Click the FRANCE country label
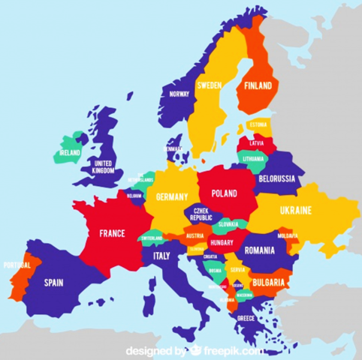pos(112,232)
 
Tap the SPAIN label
pos(53,283)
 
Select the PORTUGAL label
pos(17,265)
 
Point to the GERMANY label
pos(171,196)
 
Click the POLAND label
pos(224,193)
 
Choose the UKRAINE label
pos(295,210)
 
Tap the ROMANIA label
pos(260,249)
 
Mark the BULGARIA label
pos(269,283)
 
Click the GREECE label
pos(246,318)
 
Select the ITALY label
pos(161,256)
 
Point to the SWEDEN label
pos(209,85)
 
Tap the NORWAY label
pos(179,94)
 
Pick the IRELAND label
pos(70,152)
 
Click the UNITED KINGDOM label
pos(104,166)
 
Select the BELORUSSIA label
pos(277,178)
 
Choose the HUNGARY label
pos(222,243)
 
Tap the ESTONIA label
pos(257,124)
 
